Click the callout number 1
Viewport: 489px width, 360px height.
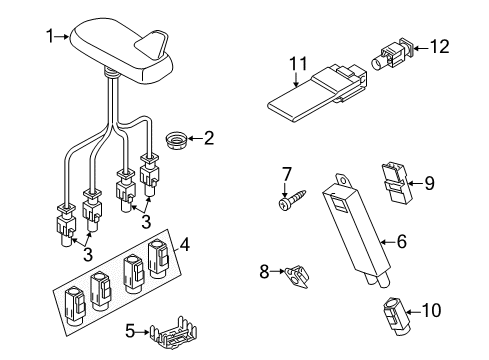pyautogui.click(x=50, y=36)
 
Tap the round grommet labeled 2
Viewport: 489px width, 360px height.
pyautogui.click(x=176, y=140)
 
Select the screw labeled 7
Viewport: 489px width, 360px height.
pyautogui.click(x=290, y=201)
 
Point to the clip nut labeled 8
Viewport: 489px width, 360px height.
pyautogui.click(x=296, y=275)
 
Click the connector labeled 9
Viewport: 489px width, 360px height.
pyautogui.click(x=395, y=182)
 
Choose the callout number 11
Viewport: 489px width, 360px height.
pyautogui.click(x=298, y=63)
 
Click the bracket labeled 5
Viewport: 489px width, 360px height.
pyautogui.click(x=173, y=332)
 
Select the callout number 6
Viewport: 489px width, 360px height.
pyautogui.click(x=402, y=241)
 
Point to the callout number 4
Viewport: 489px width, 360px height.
pyautogui.click(x=184, y=244)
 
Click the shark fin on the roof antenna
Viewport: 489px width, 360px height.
pyautogui.click(x=152, y=44)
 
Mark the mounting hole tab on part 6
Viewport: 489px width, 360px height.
pyautogui.click(x=343, y=180)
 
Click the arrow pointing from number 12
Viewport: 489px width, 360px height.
pyautogui.click(x=421, y=48)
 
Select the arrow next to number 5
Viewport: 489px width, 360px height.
pyautogui.click(x=142, y=332)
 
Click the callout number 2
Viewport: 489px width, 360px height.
pyautogui.click(x=209, y=138)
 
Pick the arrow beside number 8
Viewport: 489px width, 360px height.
pyautogui.click(x=277, y=272)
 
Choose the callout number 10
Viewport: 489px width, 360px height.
pyautogui.click(x=431, y=310)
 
